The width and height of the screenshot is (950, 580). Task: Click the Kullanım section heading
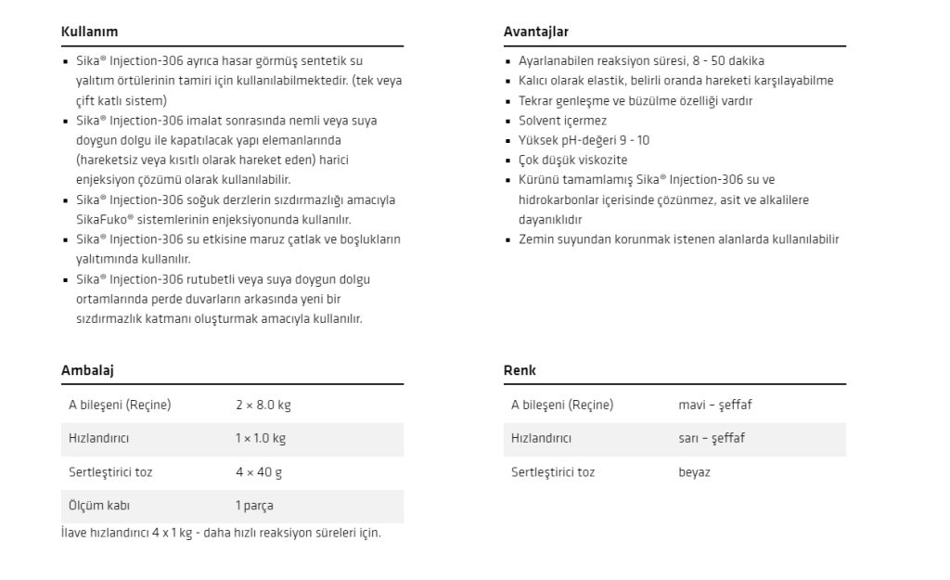point(89,32)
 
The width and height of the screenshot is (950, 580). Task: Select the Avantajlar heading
point(535,32)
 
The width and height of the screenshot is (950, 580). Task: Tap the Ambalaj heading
point(87,370)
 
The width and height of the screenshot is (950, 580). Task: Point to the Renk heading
point(520,370)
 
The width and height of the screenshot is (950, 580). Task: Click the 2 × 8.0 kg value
point(263,406)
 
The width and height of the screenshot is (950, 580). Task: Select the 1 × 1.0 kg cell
point(260,439)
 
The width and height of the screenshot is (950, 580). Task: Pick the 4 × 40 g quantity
point(258,472)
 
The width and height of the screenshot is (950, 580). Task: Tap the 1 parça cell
point(253,506)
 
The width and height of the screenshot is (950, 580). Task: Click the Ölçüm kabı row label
point(99,506)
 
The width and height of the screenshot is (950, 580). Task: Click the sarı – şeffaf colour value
point(711,439)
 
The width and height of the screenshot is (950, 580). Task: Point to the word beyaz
point(694,472)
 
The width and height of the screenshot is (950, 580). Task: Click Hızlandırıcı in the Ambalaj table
point(98,439)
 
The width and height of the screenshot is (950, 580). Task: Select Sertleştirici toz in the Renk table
point(553,472)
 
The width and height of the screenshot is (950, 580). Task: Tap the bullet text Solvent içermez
point(562,121)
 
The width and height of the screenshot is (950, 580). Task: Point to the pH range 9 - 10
point(630,140)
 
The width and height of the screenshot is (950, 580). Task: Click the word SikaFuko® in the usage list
point(109,220)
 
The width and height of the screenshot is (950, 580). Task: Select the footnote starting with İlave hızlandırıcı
point(221,533)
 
